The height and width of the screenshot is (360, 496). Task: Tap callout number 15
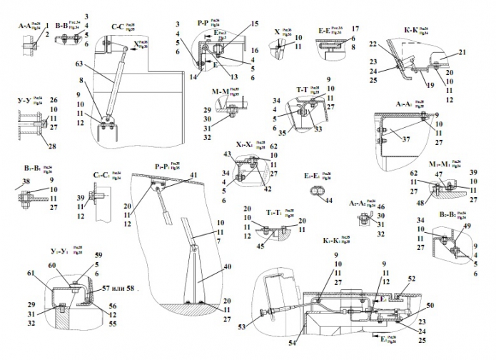254,24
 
